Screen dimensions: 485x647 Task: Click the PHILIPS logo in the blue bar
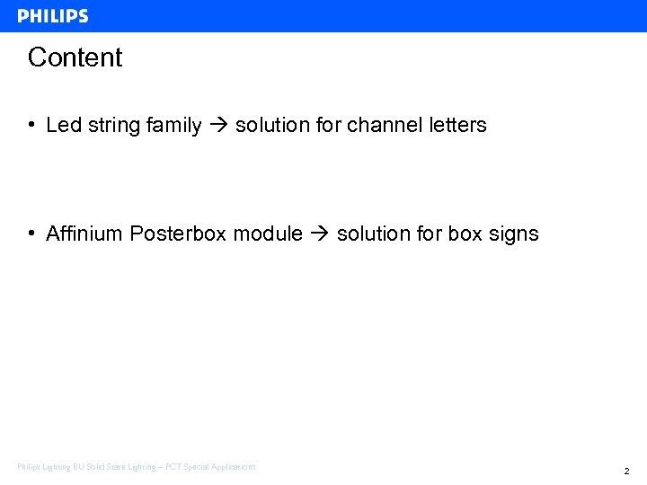[x=53, y=16]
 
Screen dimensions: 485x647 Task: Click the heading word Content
[x=75, y=57]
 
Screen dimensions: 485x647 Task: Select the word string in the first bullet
[x=111, y=126]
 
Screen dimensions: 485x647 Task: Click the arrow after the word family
[x=218, y=126]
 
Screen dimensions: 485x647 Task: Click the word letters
[x=456, y=126]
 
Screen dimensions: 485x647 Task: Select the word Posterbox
[x=178, y=234]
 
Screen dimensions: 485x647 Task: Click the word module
[x=268, y=234]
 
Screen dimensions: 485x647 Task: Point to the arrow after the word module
[x=320, y=234]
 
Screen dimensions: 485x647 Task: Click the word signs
[x=513, y=234]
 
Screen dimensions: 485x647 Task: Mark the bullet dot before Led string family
[x=31, y=126]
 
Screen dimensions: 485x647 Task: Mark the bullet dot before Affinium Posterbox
[x=31, y=234]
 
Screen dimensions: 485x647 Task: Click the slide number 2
[x=626, y=471]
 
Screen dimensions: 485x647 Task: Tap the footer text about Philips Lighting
[x=137, y=467]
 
